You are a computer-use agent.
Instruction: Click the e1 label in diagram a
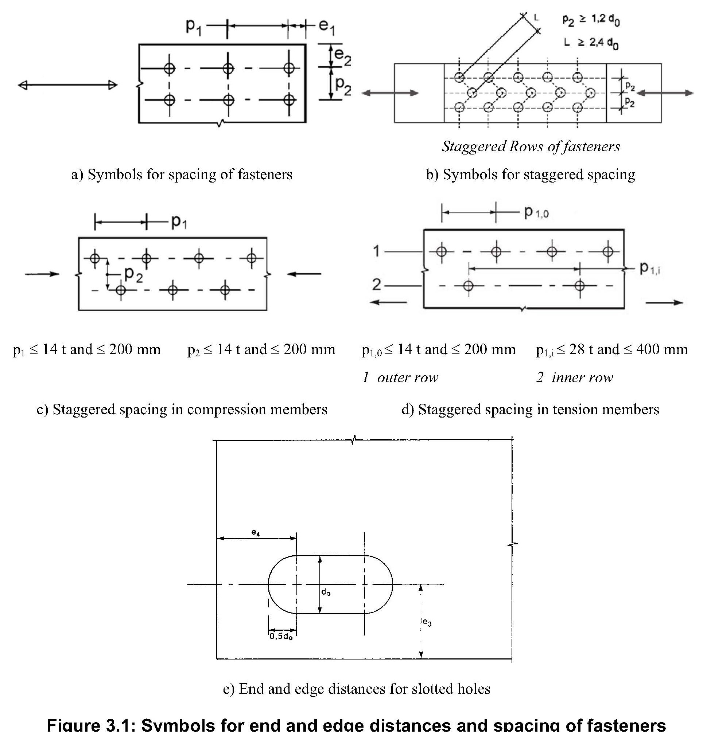pyautogui.click(x=327, y=27)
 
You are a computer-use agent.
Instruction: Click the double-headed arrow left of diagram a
pyautogui.click(x=67, y=85)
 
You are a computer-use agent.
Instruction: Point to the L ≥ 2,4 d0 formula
pyautogui.click(x=591, y=43)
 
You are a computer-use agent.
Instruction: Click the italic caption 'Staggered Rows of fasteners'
pyautogui.click(x=531, y=146)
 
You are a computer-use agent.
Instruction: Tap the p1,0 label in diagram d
pyautogui.click(x=536, y=212)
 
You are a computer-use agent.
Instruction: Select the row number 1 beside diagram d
pyautogui.click(x=377, y=251)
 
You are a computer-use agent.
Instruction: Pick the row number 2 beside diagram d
pyautogui.click(x=377, y=285)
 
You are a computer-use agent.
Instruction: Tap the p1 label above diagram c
pyautogui.click(x=179, y=222)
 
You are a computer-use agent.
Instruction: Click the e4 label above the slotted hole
pyautogui.click(x=256, y=533)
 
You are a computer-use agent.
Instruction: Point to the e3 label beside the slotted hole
pyautogui.click(x=427, y=622)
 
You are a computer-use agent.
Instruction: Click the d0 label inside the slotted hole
pyautogui.click(x=326, y=592)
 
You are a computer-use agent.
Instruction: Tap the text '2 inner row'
pyautogui.click(x=574, y=377)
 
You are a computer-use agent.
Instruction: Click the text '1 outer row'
pyautogui.click(x=400, y=377)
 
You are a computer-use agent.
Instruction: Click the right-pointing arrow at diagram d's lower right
pyautogui.click(x=664, y=302)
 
